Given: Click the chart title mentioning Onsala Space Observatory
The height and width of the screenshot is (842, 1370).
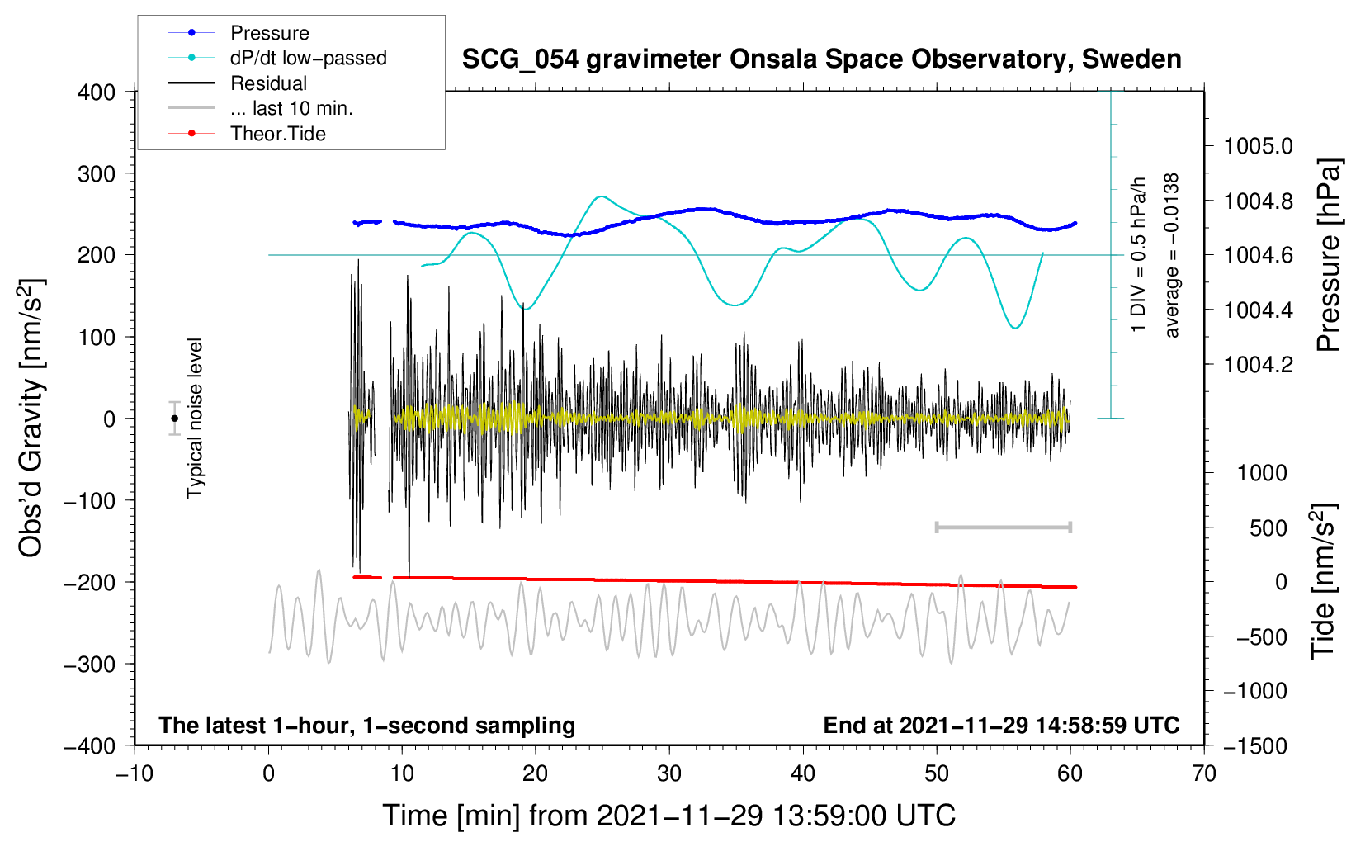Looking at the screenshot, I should [x=821, y=59].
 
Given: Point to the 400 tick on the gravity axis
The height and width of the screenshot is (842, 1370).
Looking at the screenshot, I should [x=97, y=92].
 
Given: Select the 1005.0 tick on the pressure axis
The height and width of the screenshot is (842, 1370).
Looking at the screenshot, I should [x=1258, y=146].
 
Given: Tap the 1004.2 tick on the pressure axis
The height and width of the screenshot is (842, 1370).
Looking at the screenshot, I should [x=1258, y=364].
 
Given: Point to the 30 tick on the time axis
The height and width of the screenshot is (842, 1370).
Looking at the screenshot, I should [x=669, y=773].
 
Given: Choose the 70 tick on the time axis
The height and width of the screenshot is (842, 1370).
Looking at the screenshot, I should [x=1204, y=773].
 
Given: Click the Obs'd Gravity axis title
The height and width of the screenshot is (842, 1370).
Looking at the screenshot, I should [x=31, y=418].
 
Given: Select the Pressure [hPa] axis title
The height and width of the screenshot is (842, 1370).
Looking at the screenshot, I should [x=1328, y=255].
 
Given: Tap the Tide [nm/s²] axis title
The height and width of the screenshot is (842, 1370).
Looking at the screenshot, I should [x=1323, y=580].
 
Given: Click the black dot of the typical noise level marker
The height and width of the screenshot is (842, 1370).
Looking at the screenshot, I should [x=174, y=419].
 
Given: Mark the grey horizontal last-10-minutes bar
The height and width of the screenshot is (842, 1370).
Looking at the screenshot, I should [x=1003, y=527].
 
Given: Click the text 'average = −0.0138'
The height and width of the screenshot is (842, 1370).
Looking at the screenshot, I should [x=1172, y=255].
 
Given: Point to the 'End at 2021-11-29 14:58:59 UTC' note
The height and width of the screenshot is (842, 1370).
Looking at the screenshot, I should [x=1001, y=726].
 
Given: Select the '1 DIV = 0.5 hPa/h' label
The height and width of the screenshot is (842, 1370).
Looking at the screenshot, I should [x=1139, y=255].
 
